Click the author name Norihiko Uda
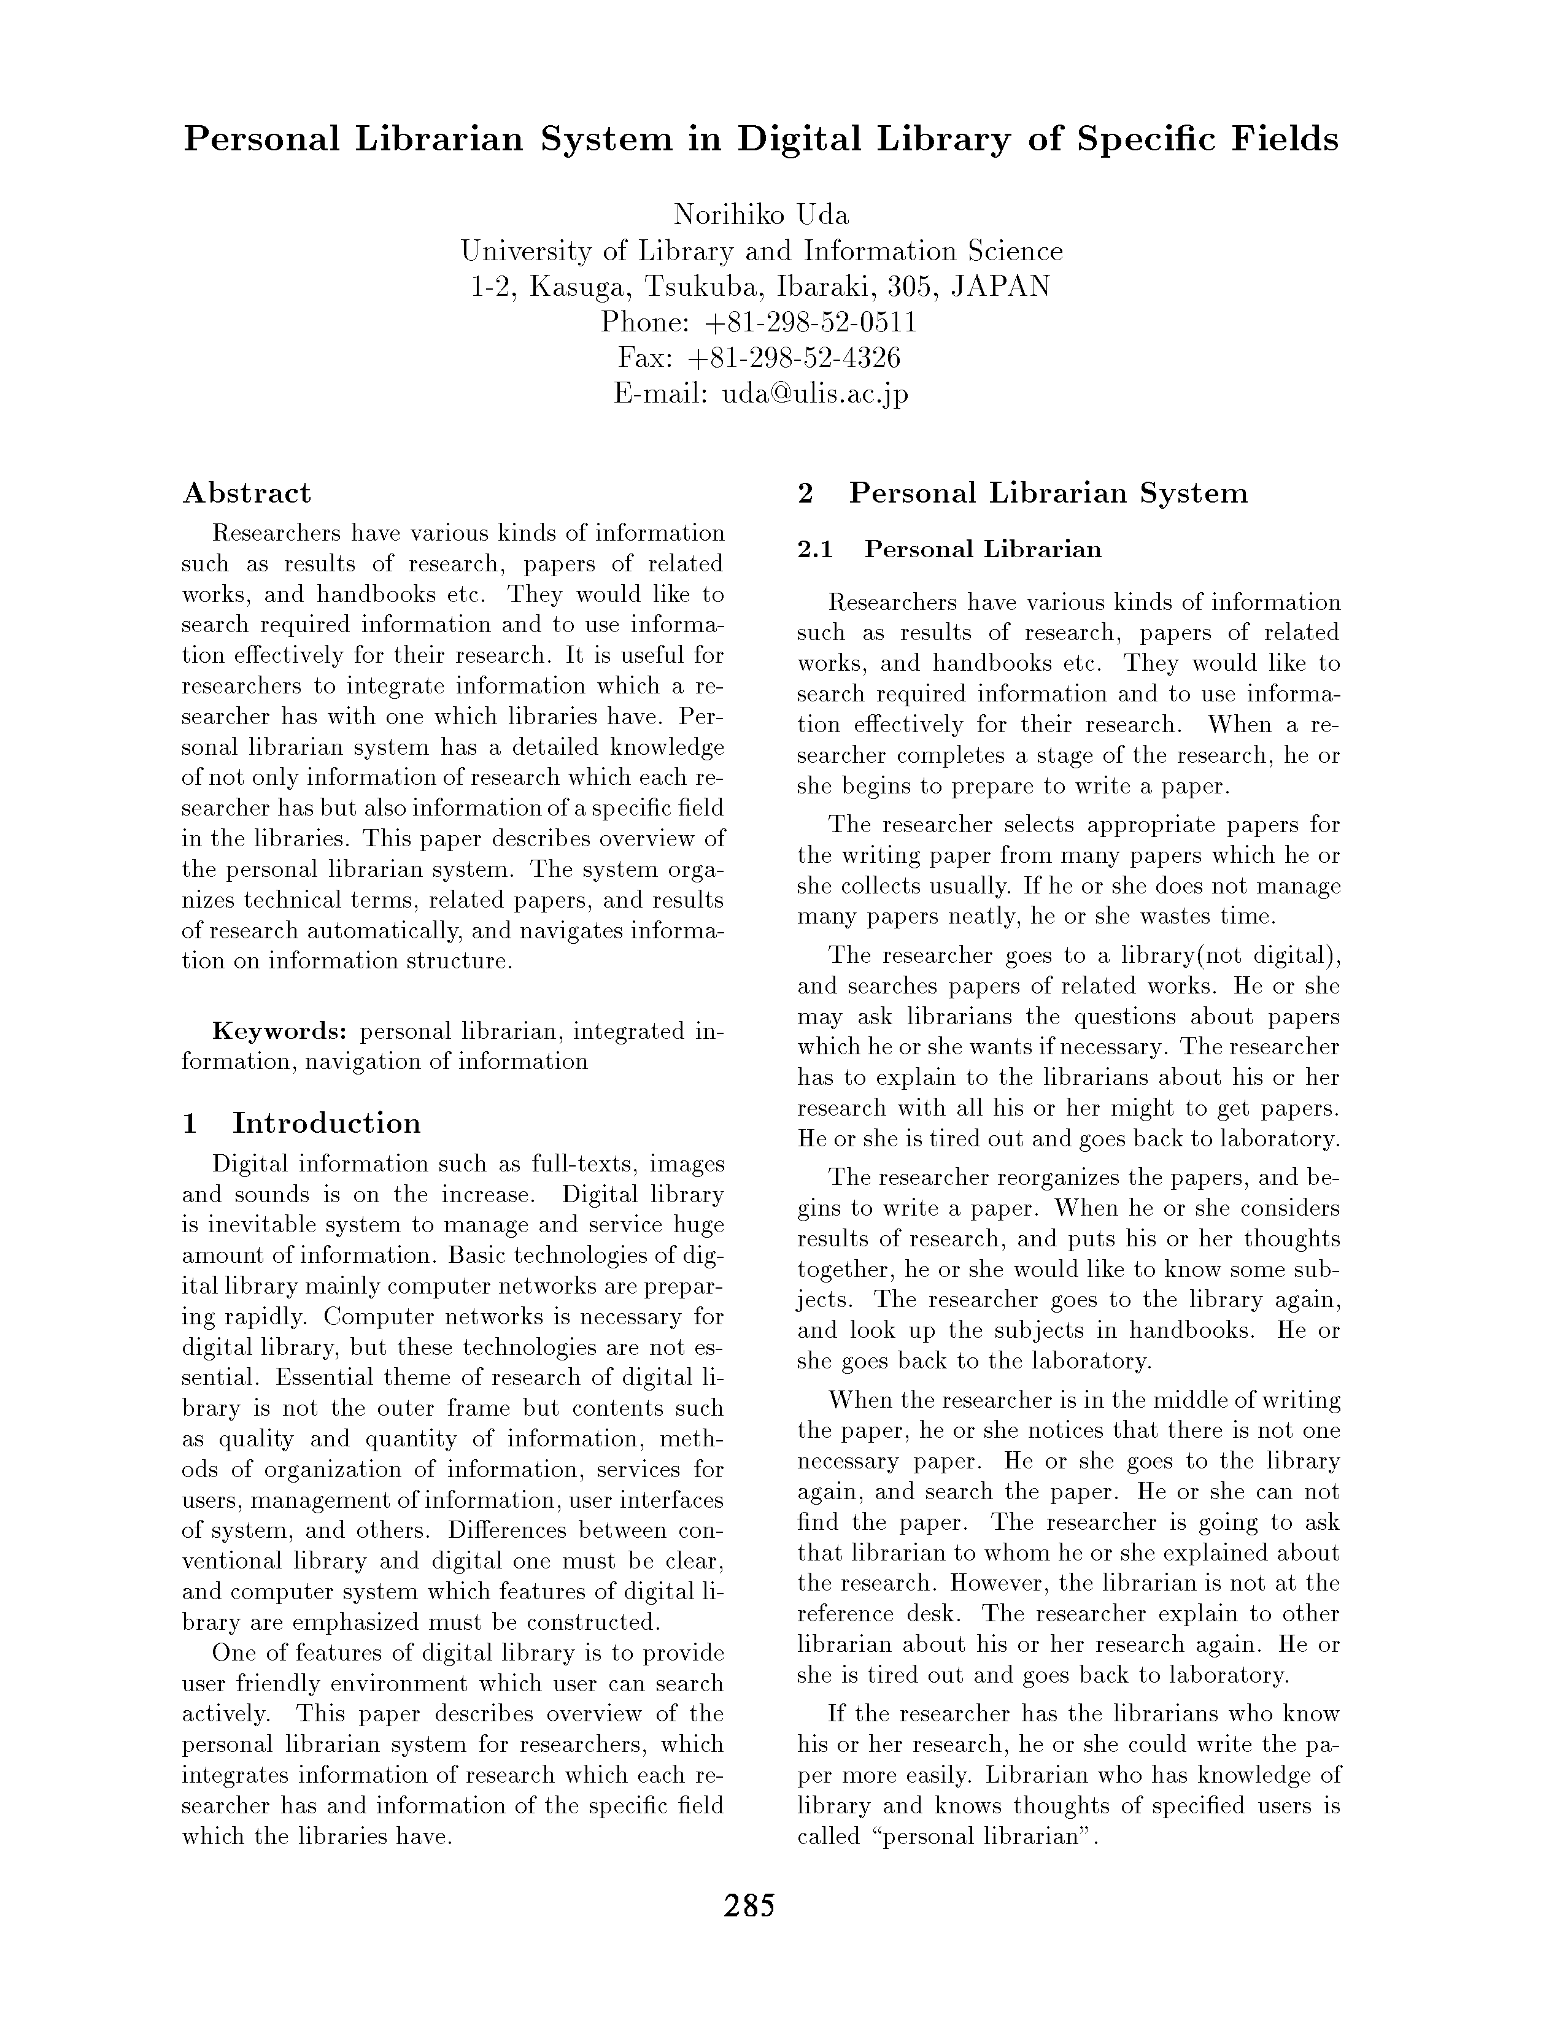(760, 215)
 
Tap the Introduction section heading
(327, 1123)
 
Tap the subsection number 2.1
(816, 550)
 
